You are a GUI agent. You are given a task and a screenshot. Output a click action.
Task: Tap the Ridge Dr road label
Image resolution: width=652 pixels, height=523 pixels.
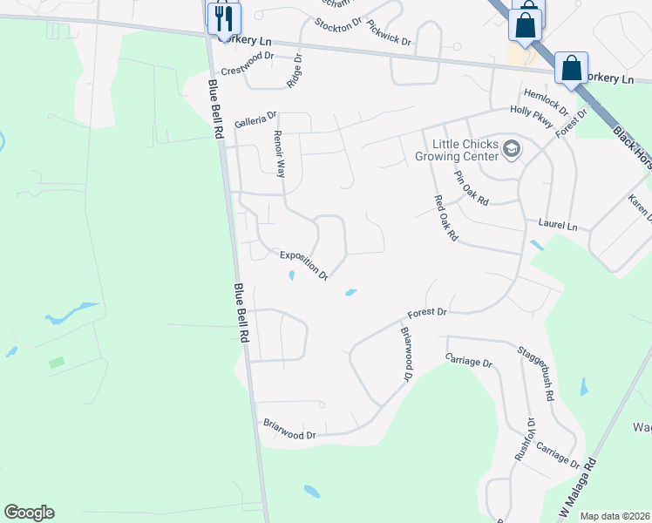[x=294, y=71]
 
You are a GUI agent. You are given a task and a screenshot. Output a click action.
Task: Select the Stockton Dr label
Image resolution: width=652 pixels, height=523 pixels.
[x=337, y=24]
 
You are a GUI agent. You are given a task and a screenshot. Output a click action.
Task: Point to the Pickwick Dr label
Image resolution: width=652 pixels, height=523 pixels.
[x=388, y=33]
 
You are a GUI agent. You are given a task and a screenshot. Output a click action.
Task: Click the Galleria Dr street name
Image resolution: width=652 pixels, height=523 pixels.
[x=255, y=114]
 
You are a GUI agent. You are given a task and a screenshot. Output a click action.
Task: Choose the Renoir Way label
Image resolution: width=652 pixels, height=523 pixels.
[x=280, y=154]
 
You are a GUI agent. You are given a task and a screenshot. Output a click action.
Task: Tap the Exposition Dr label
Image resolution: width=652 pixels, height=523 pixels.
[x=303, y=265]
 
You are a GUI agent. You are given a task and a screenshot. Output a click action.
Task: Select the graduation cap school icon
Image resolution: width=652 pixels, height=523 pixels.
[x=512, y=151]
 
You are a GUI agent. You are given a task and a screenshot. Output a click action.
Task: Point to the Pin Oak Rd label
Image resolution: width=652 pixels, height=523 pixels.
[x=472, y=187]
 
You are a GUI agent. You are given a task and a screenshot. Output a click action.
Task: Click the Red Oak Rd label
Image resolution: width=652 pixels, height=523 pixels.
[x=446, y=218]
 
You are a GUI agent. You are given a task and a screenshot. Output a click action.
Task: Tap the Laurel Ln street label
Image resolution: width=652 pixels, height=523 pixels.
[x=558, y=225]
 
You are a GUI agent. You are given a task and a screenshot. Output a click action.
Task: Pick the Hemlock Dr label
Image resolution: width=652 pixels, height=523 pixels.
[x=545, y=103]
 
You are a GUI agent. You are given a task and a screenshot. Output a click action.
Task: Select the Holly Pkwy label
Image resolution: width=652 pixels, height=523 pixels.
[x=532, y=118]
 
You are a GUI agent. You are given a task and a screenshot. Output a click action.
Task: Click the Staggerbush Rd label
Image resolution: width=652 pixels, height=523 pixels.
[x=536, y=374]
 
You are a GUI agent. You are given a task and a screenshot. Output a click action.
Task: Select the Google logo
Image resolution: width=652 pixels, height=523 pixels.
[x=29, y=513]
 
